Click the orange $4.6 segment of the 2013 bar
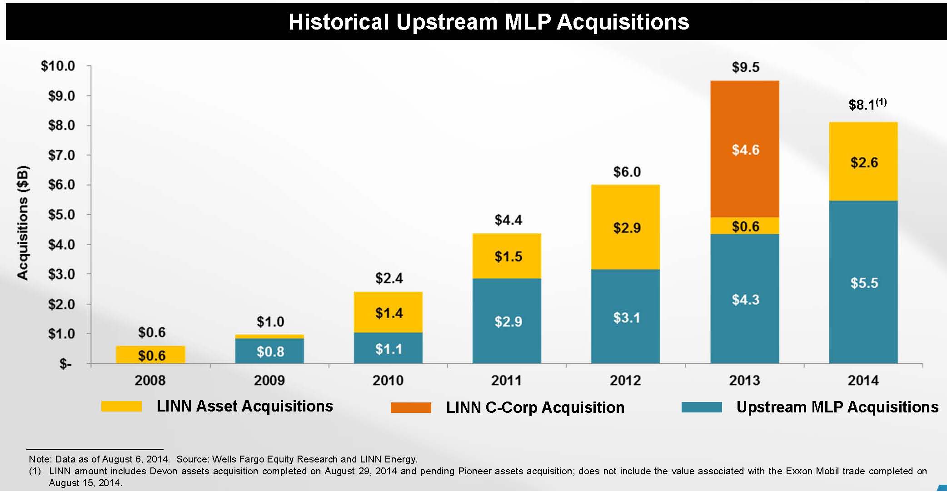point(745,149)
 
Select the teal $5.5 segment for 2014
point(863,282)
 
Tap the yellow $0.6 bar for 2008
point(151,355)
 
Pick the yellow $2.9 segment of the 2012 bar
point(626,227)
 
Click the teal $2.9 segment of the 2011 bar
point(507,321)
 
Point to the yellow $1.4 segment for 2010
point(389,312)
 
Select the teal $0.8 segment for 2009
point(269,351)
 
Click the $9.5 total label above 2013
point(745,67)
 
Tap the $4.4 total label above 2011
point(508,220)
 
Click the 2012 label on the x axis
point(625,380)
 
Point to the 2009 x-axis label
point(269,380)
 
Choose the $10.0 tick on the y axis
point(58,66)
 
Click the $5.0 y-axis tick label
point(61,215)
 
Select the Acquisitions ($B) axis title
point(23,223)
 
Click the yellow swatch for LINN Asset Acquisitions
point(121,406)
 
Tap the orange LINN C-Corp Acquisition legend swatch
point(411,407)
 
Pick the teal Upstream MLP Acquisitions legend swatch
point(702,407)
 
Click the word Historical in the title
point(339,22)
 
